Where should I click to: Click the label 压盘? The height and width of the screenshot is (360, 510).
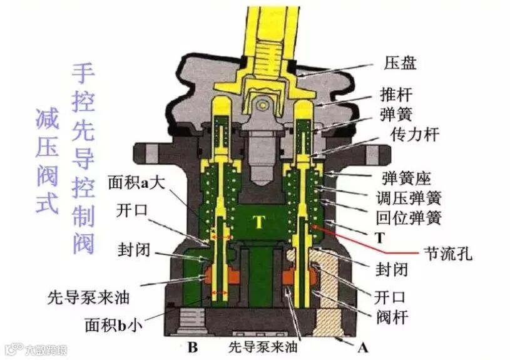click(x=400, y=63)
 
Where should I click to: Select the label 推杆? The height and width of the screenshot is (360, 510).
click(x=396, y=95)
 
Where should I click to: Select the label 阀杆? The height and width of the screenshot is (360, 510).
click(x=391, y=317)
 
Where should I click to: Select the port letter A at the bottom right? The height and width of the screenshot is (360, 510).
click(x=362, y=346)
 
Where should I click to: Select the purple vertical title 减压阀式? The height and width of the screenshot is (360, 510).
click(x=47, y=160)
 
